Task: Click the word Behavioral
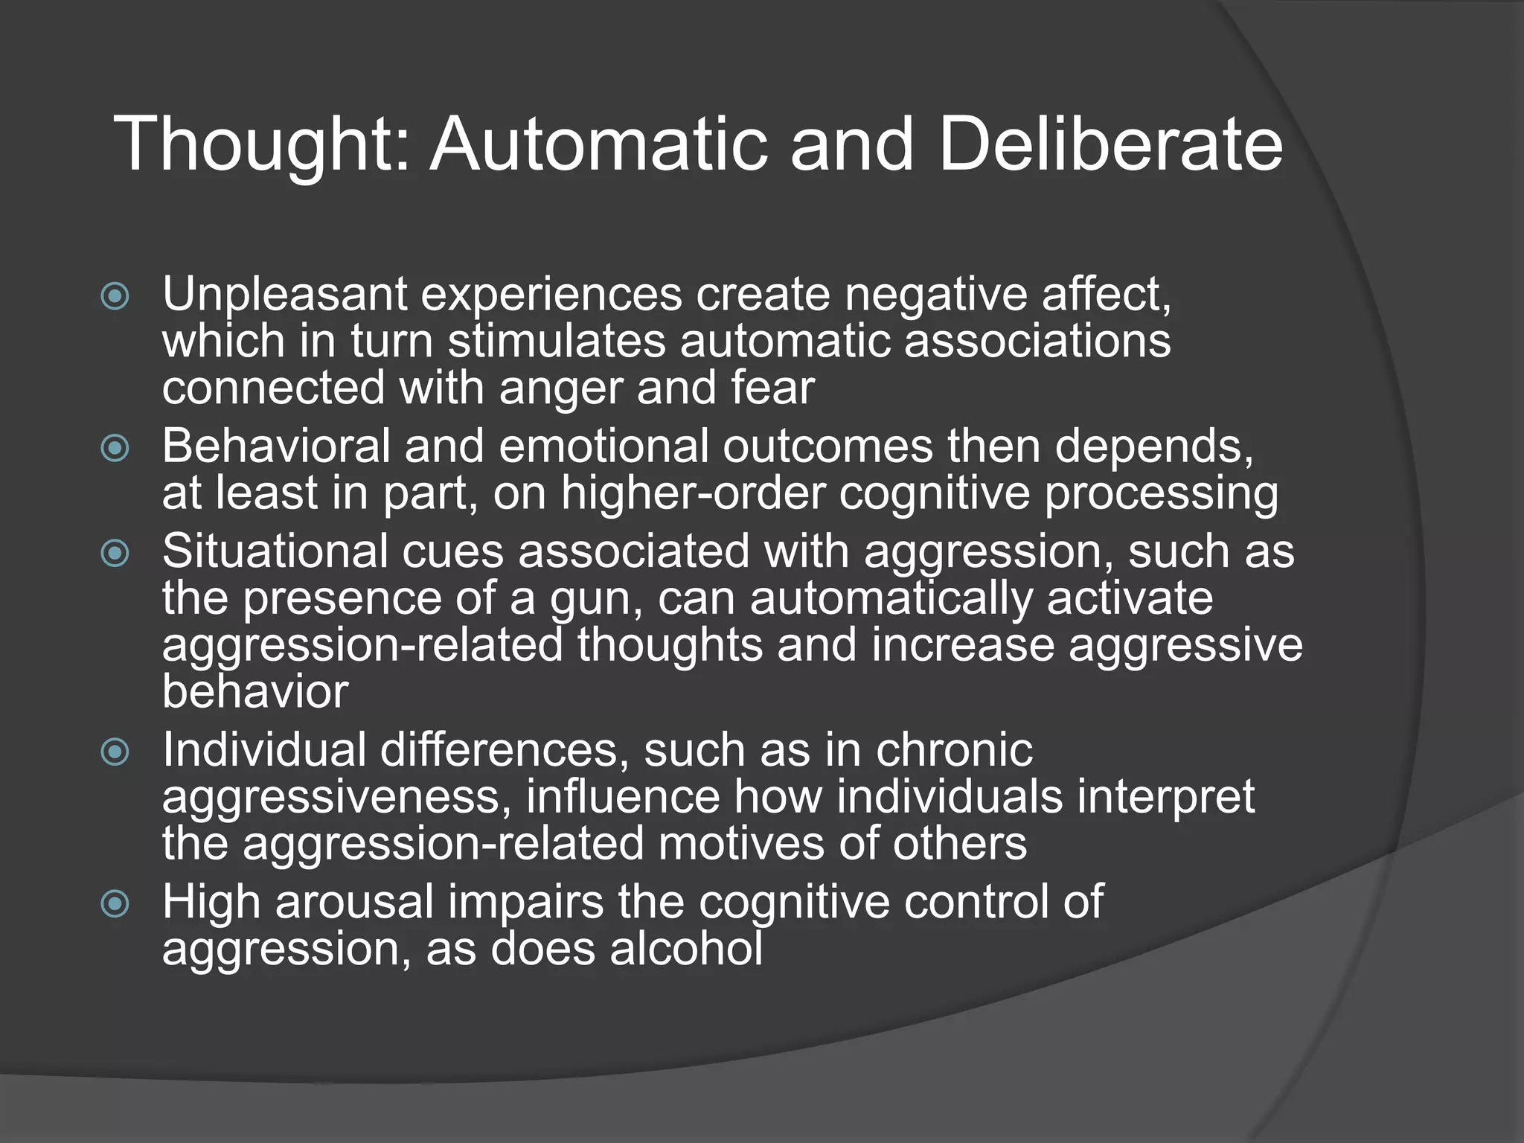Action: click(276, 446)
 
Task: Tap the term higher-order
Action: click(693, 493)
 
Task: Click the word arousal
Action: click(354, 903)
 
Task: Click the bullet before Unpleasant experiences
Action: click(115, 297)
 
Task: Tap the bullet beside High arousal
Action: click(115, 904)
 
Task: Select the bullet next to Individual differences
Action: click(115, 752)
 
